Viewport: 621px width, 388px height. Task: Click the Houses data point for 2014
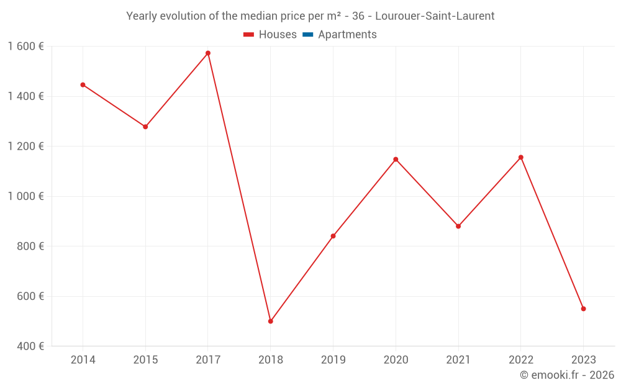(83, 85)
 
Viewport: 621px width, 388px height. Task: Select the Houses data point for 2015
(145, 127)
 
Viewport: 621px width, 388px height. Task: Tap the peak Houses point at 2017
(208, 53)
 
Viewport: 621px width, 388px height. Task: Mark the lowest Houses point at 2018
(271, 321)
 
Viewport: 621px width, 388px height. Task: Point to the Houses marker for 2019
(333, 236)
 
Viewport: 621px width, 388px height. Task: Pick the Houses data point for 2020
(396, 160)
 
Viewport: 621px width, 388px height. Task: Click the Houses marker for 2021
(458, 226)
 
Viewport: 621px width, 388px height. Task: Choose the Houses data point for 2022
(520, 158)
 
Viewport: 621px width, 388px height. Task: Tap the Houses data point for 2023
(583, 309)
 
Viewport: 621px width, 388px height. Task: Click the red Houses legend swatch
(248, 35)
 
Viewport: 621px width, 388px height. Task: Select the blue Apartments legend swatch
(307, 35)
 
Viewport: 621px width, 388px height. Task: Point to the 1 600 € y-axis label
(26, 46)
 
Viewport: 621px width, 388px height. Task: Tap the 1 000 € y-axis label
(26, 196)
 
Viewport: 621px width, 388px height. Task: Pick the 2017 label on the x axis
(208, 359)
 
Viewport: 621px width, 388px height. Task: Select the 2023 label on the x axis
(583, 359)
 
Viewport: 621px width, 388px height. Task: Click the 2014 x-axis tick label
(83, 359)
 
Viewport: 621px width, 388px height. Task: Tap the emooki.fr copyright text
(567, 375)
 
